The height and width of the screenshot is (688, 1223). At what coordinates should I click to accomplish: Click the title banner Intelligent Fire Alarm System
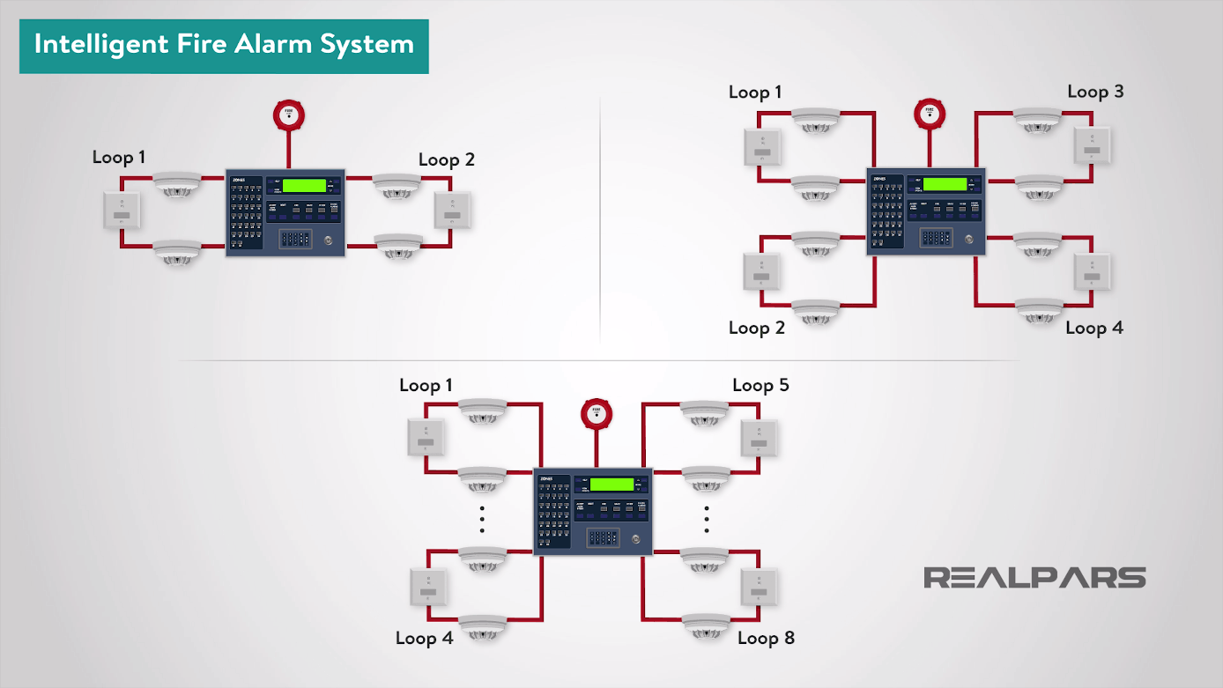[224, 45]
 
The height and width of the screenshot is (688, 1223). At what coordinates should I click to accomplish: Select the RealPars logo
[1034, 578]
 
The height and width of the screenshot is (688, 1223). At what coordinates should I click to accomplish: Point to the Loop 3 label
[1095, 92]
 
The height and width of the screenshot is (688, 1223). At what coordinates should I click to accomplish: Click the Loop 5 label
[760, 385]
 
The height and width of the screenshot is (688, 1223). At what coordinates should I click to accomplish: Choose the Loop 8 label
[766, 638]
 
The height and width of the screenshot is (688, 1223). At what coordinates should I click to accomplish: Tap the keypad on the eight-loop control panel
[604, 536]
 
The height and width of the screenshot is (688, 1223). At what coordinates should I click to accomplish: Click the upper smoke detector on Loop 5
[704, 411]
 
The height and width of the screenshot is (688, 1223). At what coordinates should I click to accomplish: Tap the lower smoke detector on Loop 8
[706, 624]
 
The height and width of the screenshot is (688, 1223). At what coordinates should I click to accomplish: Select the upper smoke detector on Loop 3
[1038, 119]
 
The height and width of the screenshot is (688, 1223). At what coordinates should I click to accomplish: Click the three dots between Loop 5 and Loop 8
[708, 520]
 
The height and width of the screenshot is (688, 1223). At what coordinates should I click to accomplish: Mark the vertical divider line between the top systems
[600, 220]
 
